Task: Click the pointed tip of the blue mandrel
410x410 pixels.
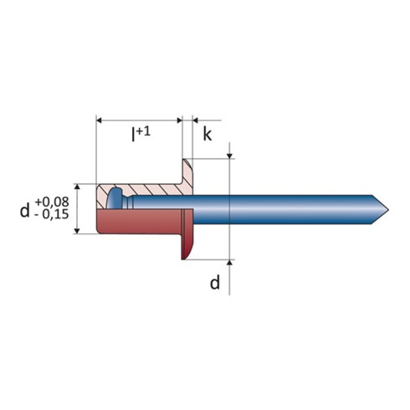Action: click(388, 209)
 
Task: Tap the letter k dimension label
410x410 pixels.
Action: click(208, 134)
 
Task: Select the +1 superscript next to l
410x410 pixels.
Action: click(143, 131)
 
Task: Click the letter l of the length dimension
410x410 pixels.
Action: click(133, 135)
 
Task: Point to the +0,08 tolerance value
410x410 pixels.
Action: click(52, 202)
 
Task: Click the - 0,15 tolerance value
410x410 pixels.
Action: click(52, 214)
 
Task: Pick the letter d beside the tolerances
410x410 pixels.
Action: click(24, 210)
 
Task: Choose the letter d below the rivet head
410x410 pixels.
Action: click(215, 282)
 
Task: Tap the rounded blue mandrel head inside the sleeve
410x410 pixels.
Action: click(115, 198)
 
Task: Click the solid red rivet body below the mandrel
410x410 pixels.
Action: click(139, 222)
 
